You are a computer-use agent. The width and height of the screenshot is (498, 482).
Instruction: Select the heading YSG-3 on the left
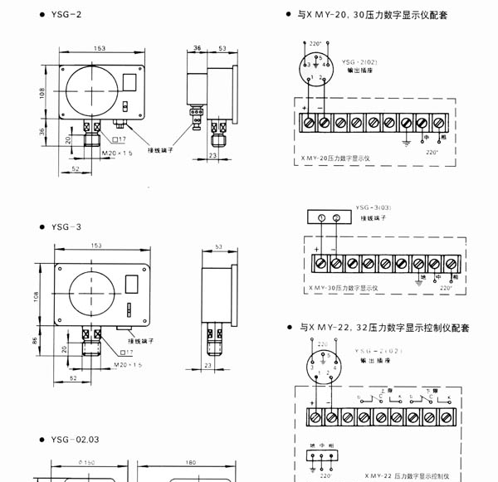[66, 226]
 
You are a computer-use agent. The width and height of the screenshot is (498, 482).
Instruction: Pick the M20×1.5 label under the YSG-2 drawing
[116, 153]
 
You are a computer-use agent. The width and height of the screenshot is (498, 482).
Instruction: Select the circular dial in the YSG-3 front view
[92, 296]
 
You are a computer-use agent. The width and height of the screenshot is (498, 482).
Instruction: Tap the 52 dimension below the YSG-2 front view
[76, 168]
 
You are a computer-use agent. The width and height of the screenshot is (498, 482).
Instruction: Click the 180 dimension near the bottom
[190, 463]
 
